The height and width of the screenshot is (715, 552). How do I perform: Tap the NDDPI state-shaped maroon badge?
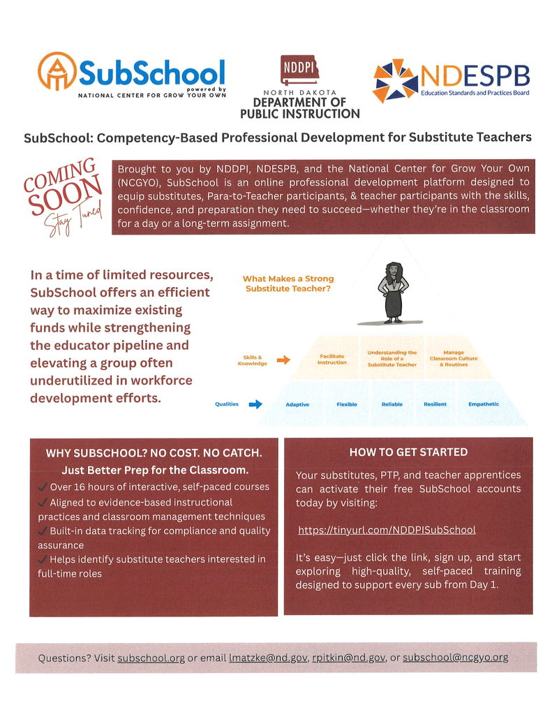tap(299, 71)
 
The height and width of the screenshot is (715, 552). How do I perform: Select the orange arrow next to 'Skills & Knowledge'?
tap(283, 360)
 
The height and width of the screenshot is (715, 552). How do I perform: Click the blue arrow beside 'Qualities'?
tap(255, 404)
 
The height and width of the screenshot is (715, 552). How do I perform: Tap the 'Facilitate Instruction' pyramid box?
tap(331, 359)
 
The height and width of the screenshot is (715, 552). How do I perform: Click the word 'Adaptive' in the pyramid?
tap(297, 404)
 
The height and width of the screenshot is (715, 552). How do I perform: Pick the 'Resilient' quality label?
tap(435, 404)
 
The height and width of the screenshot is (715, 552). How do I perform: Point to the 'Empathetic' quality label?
tap(483, 404)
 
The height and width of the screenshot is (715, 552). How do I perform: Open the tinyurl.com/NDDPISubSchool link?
tap(387, 530)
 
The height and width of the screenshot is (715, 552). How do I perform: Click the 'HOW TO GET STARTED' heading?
tap(408, 452)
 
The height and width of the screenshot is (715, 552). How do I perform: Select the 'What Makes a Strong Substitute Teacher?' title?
tap(288, 283)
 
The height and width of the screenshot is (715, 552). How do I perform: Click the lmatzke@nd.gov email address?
tap(268, 658)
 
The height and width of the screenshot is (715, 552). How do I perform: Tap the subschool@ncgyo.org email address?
tap(455, 657)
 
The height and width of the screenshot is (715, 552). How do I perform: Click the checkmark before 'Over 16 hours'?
tap(43, 487)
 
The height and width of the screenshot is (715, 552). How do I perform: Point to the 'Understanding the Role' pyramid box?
tap(391, 358)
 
